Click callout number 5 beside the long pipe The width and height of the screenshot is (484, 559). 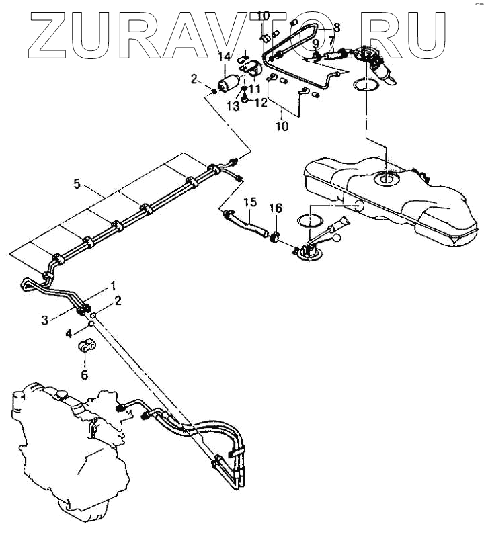tap(77, 183)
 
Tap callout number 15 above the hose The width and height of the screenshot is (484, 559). tap(250, 202)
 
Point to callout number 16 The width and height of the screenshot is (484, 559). tap(275, 208)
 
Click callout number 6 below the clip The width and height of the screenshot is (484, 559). tap(84, 375)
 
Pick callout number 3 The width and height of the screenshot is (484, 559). tap(45, 320)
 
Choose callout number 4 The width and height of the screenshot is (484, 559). tap(69, 333)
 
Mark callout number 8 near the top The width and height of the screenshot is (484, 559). tap(337, 28)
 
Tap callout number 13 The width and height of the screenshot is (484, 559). tap(235, 105)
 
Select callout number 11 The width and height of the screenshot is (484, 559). tap(255, 89)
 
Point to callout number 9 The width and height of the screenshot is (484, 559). tap(315, 43)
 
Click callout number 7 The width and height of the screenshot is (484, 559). tap(331, 41)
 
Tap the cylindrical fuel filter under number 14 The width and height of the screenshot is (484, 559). tap(230, 84)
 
